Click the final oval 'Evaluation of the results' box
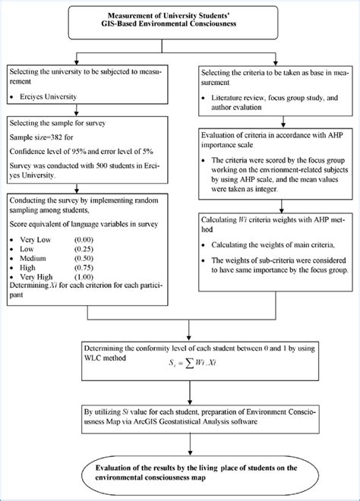coord(179,473)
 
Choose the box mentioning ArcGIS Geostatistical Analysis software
coord(179,417)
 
